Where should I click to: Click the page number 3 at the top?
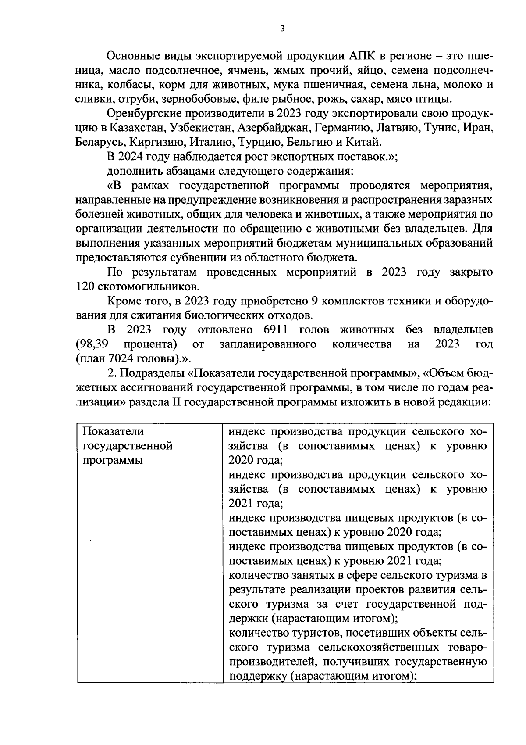pyautogui.click(x=282, y=29)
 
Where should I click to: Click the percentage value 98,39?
pyautogui.click(x=92, y=344)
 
